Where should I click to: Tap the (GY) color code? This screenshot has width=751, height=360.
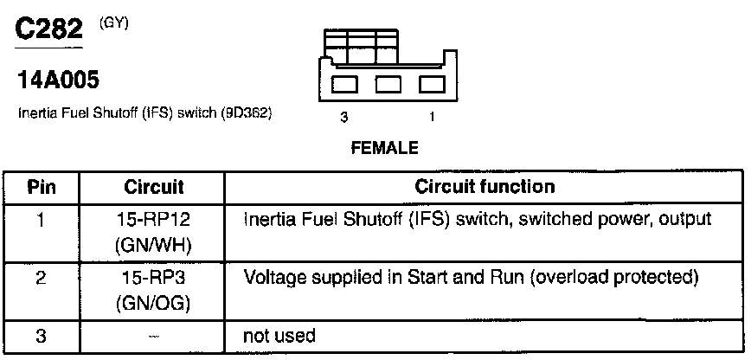(x=115, y=23)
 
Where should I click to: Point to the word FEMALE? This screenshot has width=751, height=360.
(x=384, y=148)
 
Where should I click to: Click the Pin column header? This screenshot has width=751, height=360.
(x=42, y=187)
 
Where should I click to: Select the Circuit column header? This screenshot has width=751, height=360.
(x=153, y=187)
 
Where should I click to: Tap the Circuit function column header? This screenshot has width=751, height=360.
(x=485, y=187)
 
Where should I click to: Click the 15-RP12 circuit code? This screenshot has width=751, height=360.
(x=153, y=220)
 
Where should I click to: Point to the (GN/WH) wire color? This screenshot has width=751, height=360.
(x=153, y=246)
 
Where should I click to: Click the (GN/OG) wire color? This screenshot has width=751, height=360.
(x=153, y=305)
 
